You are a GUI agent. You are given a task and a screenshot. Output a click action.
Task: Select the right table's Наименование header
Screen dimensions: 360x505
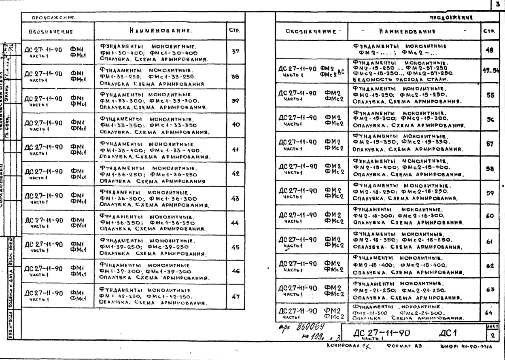pos(413,30)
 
